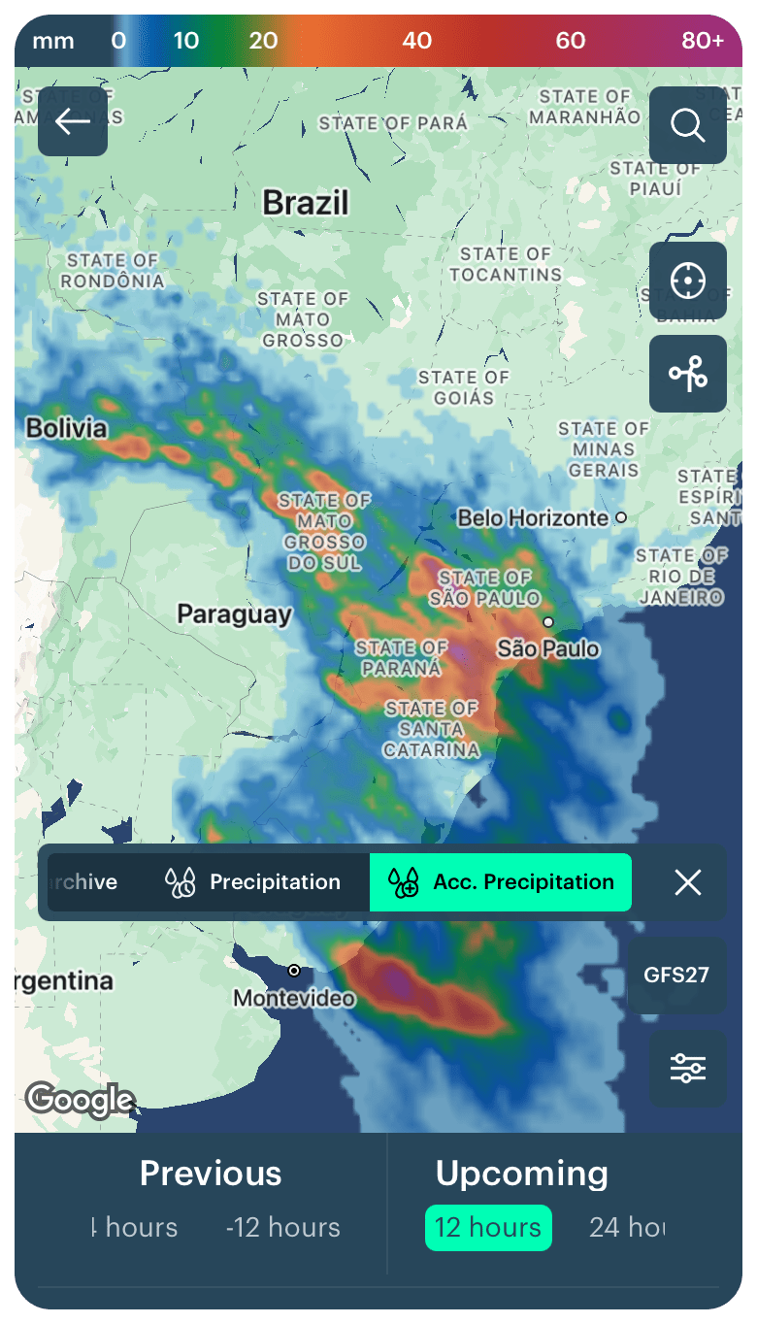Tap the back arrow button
[x=73, y=121]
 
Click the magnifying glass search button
[x=687, y=125]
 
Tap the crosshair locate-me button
[x=687, y=281]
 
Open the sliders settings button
[x=687, y=1069]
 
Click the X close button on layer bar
[x=687, y=882]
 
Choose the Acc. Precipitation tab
[x=501, y=882]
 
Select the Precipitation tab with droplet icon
[x=253, y=882]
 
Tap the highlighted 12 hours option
[x=488, y=1228]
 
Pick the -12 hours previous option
[x=282, y=1228]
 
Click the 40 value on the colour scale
[x=417, y=41]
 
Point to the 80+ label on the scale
[x=703, y=41]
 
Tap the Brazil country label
[x=305, y=203]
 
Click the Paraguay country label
[x=234, y=614]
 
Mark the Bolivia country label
[x=66, y=428]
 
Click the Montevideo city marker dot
[x=294, y=971]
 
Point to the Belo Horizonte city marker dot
[x=621, y=517]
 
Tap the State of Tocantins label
[x=505, y=264]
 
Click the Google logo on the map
[x=80, y=1100]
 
